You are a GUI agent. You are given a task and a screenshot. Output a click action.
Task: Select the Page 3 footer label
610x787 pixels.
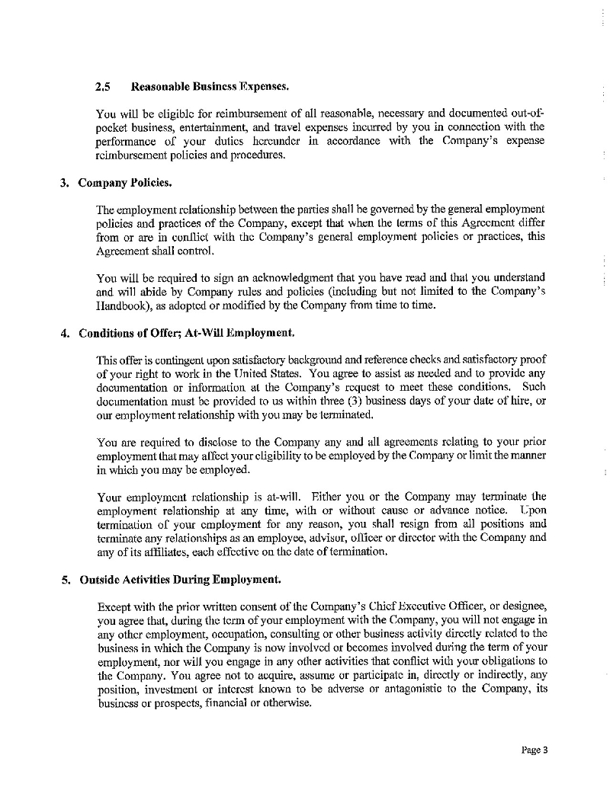(535, 750)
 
